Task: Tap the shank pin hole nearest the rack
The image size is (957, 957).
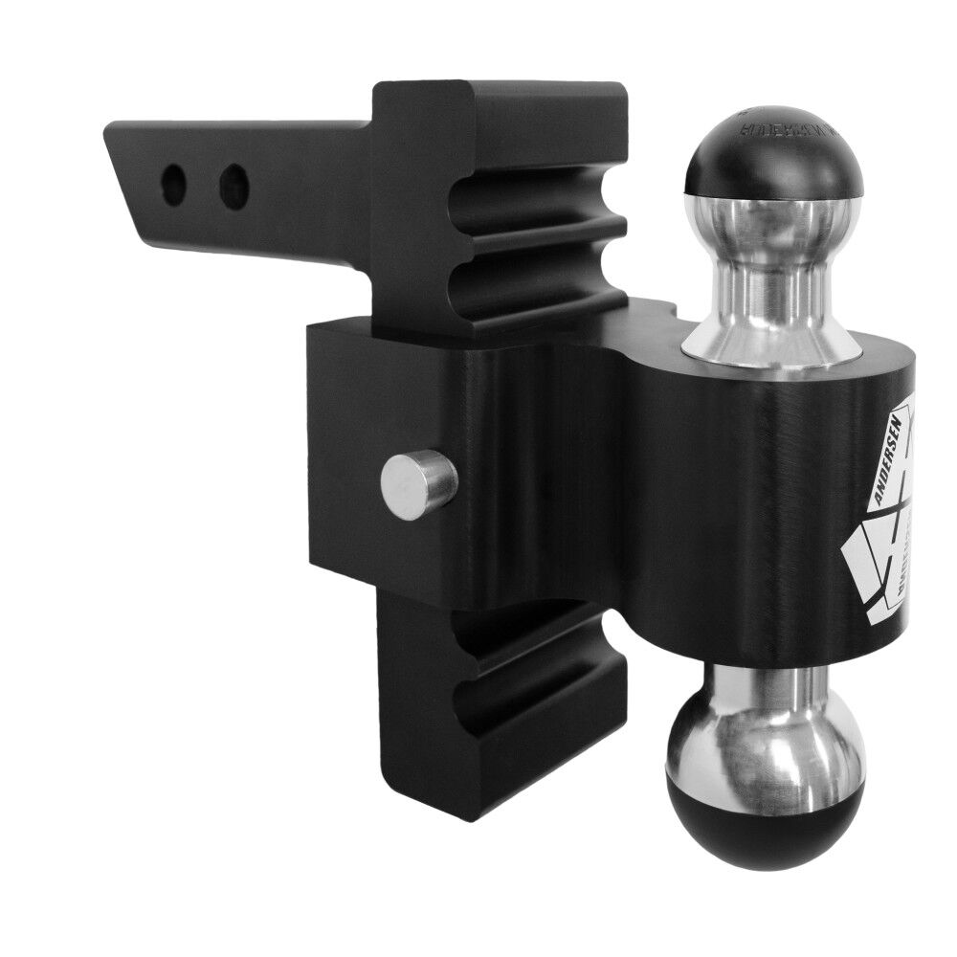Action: coord(233,185)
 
